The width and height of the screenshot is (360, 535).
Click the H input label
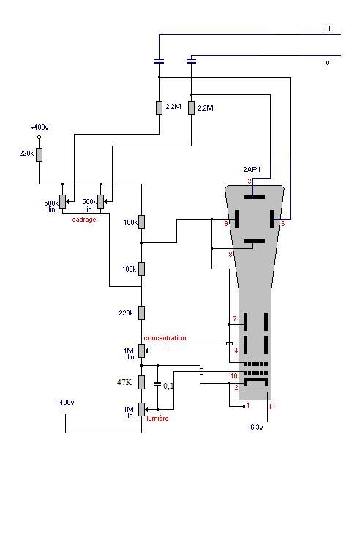(328, 29)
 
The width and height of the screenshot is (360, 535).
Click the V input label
(327, 62)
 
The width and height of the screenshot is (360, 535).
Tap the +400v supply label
(40, 127)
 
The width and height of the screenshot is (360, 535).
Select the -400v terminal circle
(66, 412)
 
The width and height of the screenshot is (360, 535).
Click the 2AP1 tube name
(252, 169)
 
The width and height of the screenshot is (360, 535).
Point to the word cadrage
(84, 220)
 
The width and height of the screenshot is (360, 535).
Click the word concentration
(165, 338)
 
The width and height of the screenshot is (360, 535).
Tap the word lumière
(157, 419)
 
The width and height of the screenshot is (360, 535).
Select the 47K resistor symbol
(141, 383)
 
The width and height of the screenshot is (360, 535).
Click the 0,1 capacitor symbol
(157, 384)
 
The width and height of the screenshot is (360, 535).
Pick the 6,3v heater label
(256, 427)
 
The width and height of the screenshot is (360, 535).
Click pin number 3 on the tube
(250, 182)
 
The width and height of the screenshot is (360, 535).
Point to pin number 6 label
(283, 224)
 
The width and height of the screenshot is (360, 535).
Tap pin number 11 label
(272, 406)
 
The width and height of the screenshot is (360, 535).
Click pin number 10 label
(234, 376)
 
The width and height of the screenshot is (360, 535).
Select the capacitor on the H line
(159, 61)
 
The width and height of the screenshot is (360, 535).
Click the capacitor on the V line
(192, 61)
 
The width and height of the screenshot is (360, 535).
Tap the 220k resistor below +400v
(40, 154)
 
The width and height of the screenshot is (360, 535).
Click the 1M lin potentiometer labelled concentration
(141, 351)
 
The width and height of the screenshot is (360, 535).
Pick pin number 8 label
(230, 255)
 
